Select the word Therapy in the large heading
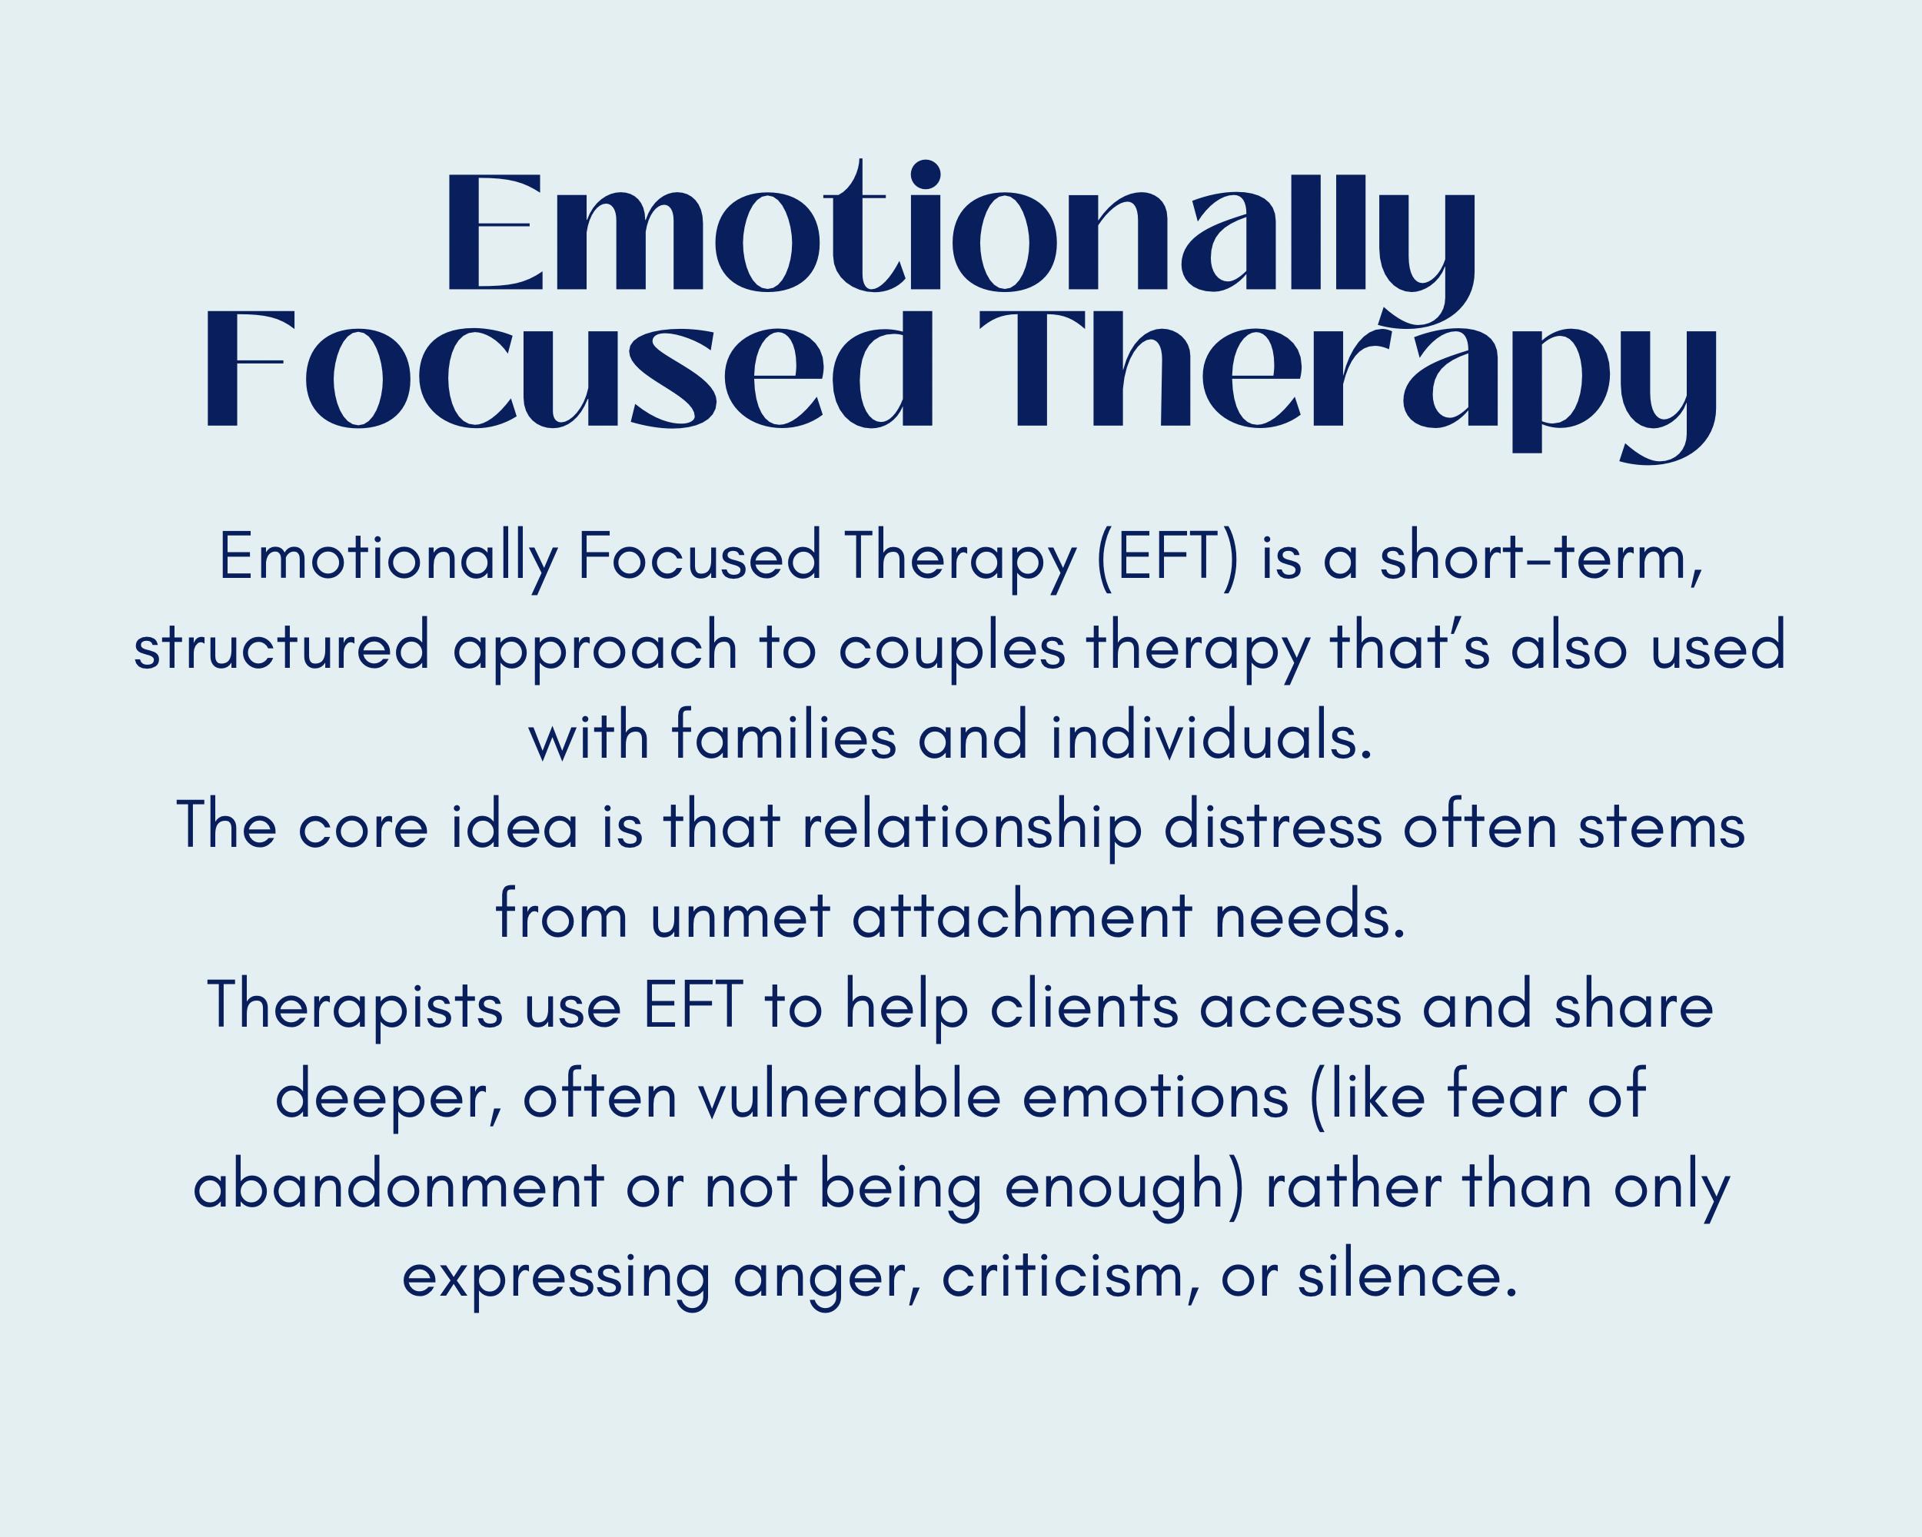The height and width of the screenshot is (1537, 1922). click(x=1346, y=379)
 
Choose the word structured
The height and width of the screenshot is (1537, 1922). click(x=281, y=648)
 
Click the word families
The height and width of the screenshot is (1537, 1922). click(x=783, y=738)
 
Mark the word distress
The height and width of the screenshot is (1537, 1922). click(x=1272, y=827)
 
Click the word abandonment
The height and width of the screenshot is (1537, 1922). click(x=398, y=1187)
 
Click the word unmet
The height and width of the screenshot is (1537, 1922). click(x=740, y=917)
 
